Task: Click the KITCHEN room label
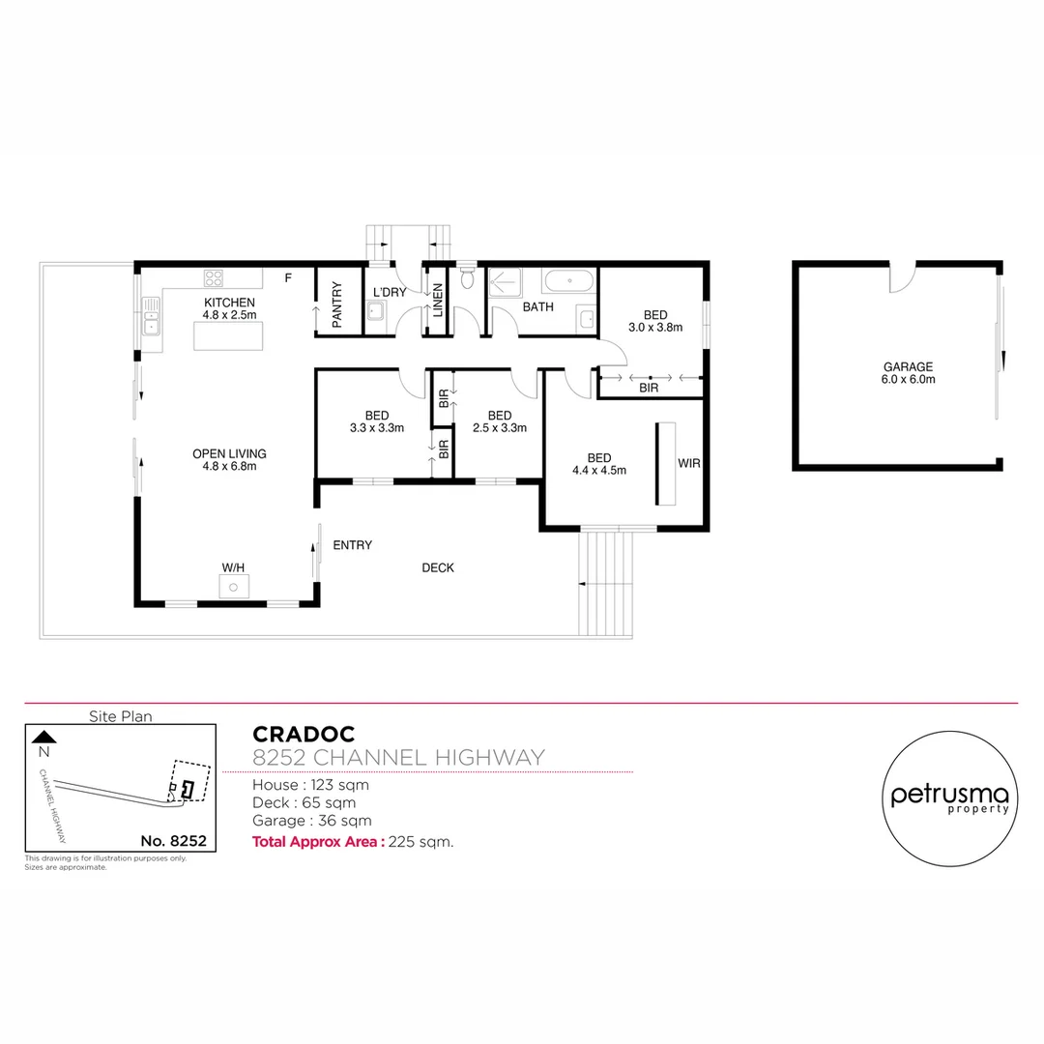229,303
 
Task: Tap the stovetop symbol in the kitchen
214,278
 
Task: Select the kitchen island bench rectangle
229,336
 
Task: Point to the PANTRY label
337,304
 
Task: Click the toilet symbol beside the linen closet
468,279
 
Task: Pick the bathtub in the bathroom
567,281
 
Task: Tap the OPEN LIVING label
229,453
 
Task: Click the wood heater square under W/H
233,587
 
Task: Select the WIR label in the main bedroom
688,464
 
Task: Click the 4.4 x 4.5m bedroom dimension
599,471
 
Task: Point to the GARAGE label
908,366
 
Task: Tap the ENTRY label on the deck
352,545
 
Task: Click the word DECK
438,567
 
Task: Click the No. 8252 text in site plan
173,841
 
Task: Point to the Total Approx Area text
317,841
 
